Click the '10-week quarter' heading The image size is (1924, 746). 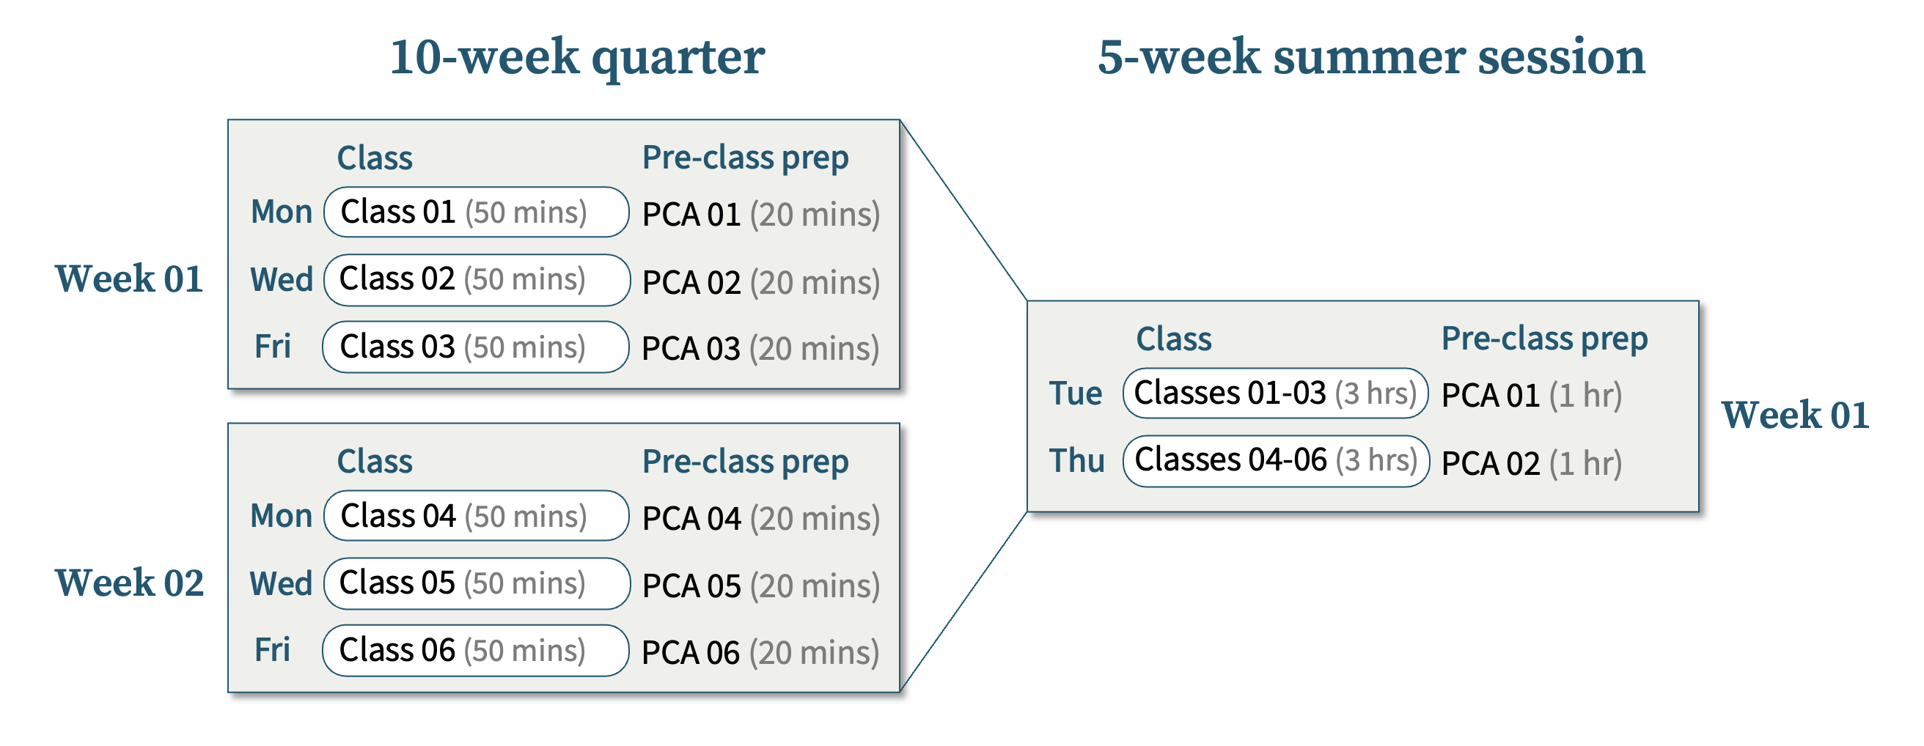(576, 58)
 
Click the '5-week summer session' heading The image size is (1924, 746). (1371, 56)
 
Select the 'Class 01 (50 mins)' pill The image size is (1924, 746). (476, 212)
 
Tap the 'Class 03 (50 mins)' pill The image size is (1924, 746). (475, 347)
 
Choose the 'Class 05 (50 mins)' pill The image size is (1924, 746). (477, 583)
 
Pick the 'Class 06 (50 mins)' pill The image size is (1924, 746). (475, 651)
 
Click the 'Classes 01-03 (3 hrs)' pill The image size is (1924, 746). (1276, 393)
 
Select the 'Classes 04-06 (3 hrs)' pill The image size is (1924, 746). (1276, 461)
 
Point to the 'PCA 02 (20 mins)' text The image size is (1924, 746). (761, 283)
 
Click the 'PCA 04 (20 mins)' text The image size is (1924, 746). (761, 519)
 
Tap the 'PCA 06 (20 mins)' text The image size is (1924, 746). (760, 653)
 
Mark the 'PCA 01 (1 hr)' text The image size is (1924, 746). (1532, 396)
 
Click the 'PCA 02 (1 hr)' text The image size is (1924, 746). (1532, 464)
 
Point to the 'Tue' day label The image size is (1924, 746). (1076, 394)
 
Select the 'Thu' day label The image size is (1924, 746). (1076, 461)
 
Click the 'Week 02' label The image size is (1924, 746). (129, 583)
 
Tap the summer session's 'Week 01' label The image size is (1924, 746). (1795, 416)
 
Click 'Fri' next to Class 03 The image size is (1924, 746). (272, 347)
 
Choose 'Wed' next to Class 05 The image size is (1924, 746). (281, 583)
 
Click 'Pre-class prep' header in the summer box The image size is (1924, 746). (1545, 339)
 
